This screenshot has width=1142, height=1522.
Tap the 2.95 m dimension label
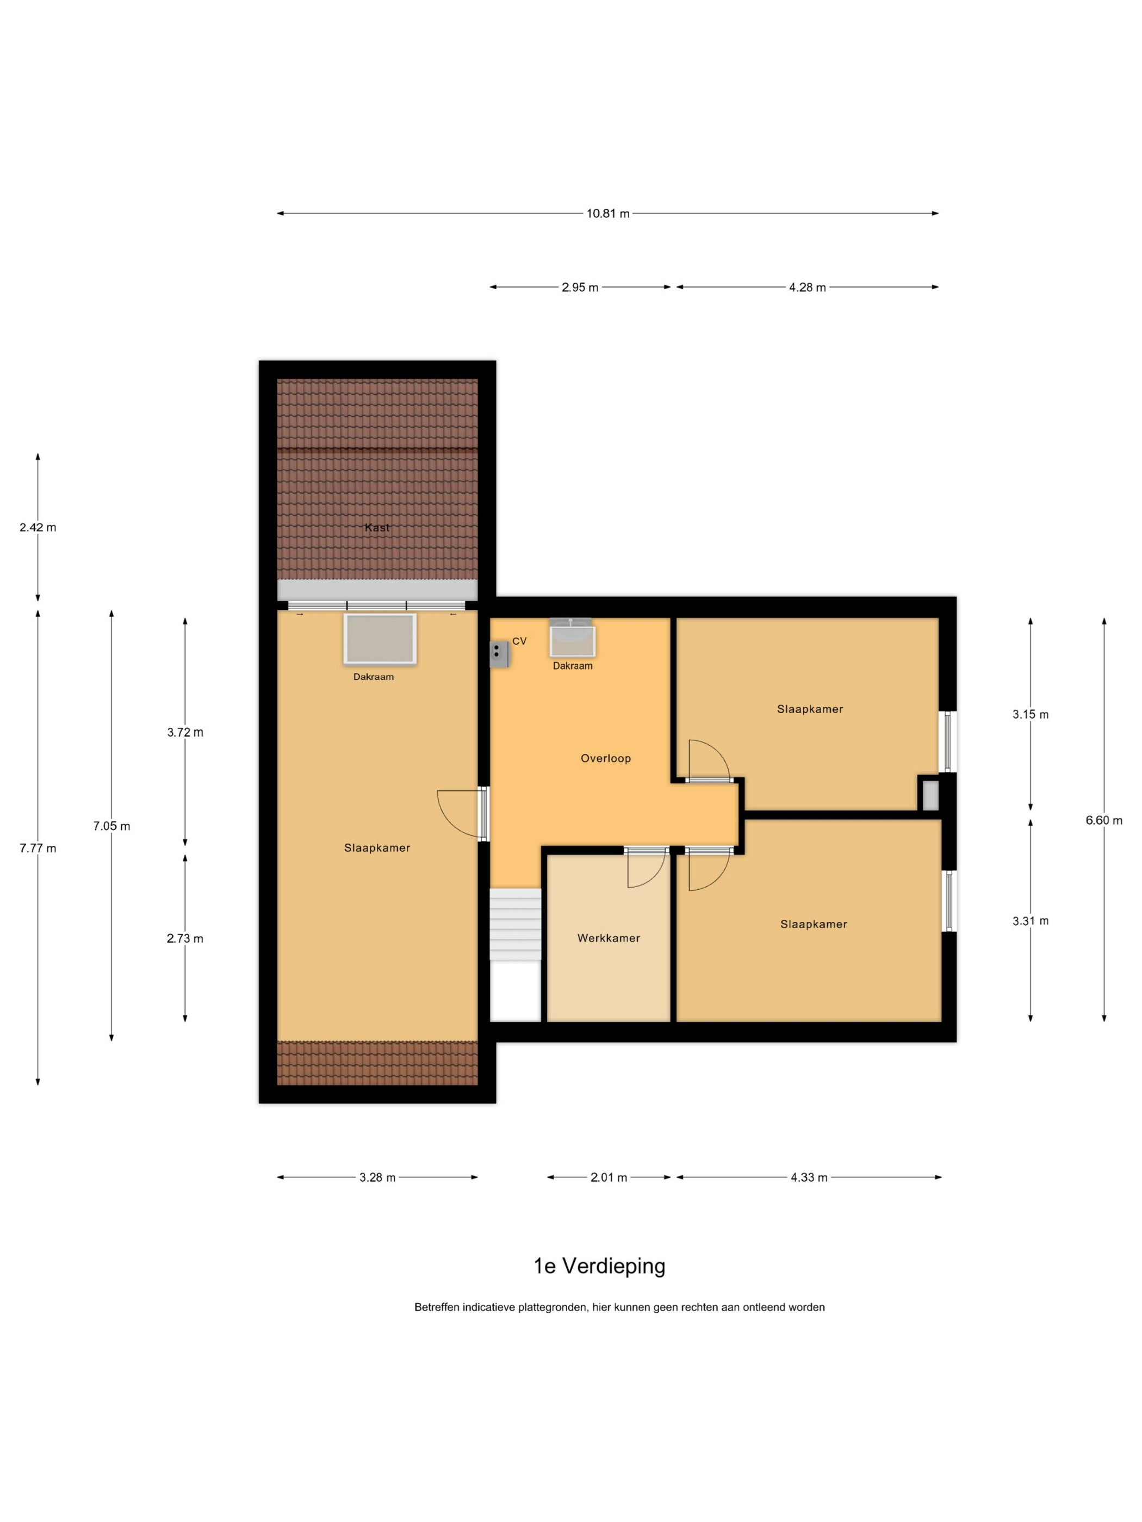click(580, 288)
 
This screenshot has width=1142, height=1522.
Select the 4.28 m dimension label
click(808, 288)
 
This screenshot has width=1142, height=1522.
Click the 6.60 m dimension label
click(1104, 820)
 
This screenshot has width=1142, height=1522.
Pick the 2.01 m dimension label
click(609, 1177)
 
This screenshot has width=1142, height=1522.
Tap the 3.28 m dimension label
click(377, 1177)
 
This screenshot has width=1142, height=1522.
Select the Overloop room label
click(606, 758)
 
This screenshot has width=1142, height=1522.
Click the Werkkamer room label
click(609, 938)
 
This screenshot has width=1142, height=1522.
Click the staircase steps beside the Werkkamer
click(515, 924)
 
